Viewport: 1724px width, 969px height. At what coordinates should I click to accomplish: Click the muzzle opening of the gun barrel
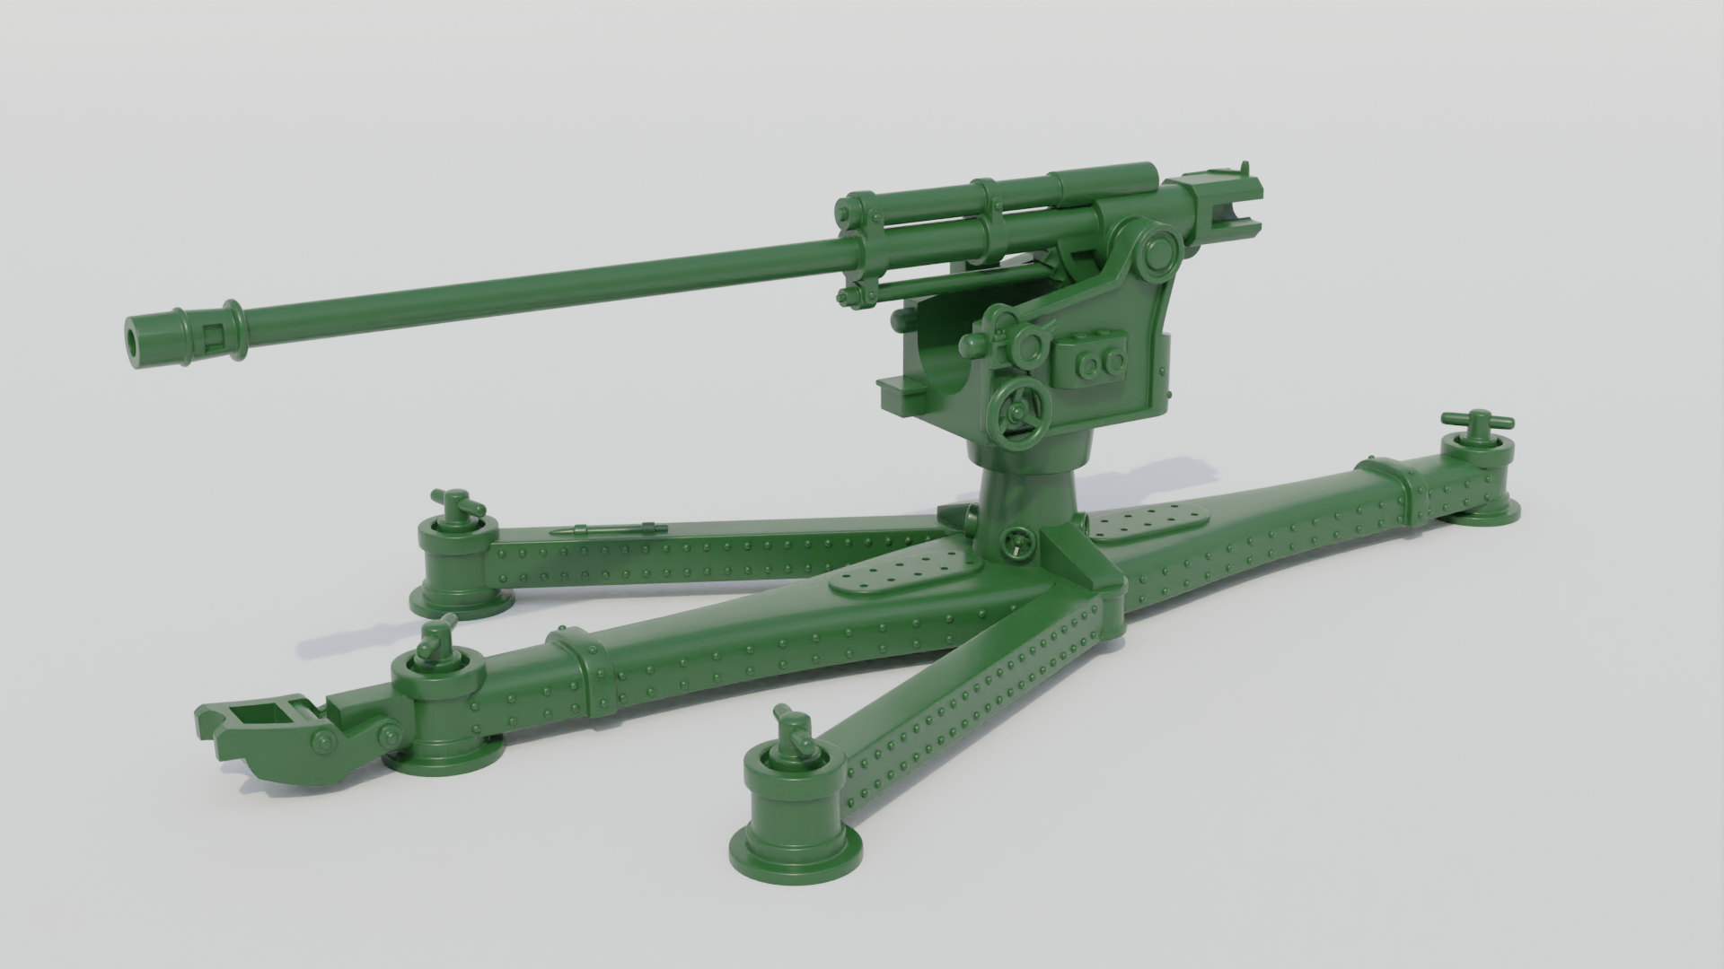coord(135,336)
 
